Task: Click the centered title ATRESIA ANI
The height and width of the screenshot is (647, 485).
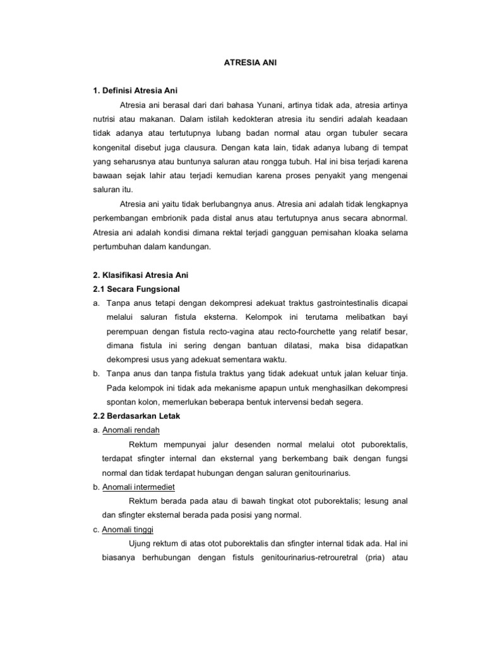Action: point(251,63)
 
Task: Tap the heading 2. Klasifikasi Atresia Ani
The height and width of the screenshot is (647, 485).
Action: point(141,275)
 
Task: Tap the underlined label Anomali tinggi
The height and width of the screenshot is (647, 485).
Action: point(127,529)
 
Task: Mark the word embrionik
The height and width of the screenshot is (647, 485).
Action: point(174,218)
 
